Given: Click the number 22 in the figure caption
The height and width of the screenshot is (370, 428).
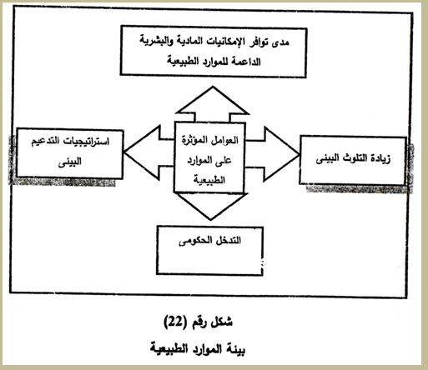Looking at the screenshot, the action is pyautogui.click(x=175, y=322).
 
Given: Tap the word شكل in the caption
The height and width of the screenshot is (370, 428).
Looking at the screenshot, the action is pyautogui.click(x=221, y=322).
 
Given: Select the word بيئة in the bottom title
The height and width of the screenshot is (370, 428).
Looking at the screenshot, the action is pyautogui.click(x=236, y=349).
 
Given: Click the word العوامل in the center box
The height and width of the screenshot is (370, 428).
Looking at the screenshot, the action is pyautogui.click(x=225, y=140).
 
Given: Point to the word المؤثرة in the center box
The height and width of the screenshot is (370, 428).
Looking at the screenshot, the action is pyautogui.click(x=195, y=139).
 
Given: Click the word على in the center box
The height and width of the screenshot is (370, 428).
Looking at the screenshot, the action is pyautogui.click(x=224, y=160).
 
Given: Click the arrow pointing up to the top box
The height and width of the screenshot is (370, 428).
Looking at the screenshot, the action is pyautogui.click(x=213, y=104).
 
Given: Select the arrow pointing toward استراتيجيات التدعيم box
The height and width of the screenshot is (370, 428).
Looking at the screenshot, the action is pyautogui.click(x=149, y=152).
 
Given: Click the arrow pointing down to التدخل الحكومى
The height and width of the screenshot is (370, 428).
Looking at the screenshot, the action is pyautogui.click(x=211, y=206).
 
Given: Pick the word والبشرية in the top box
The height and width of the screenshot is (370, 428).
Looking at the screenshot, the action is pyautogui.click(x=156, y=42).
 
